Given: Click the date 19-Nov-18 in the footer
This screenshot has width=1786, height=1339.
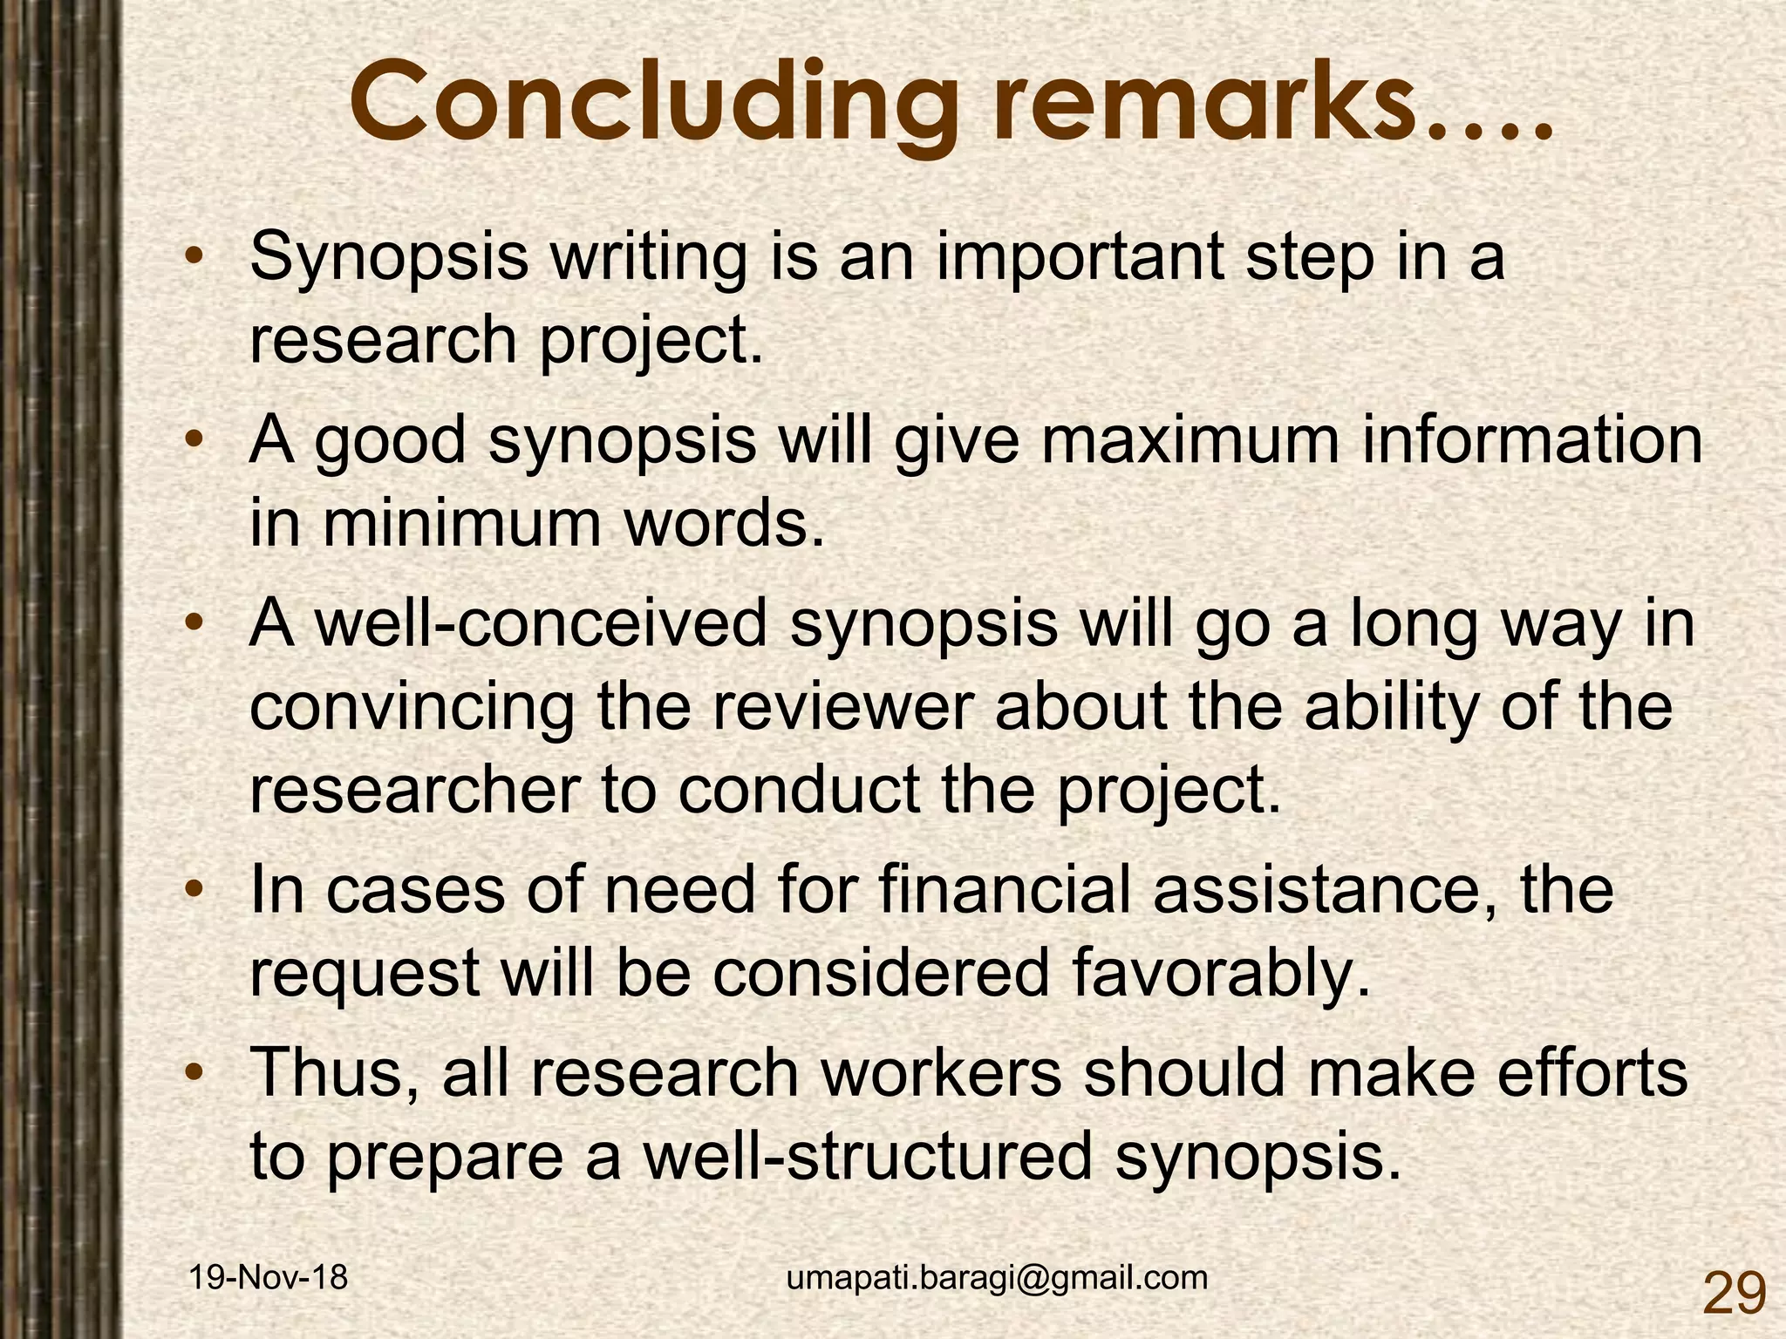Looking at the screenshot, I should coord(269,1278).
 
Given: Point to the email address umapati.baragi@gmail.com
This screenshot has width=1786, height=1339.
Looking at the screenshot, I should coord(997,1278).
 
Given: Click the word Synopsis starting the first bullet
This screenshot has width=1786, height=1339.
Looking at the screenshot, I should coord(389,259).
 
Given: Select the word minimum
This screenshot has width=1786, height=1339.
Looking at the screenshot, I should coord(461,524).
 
